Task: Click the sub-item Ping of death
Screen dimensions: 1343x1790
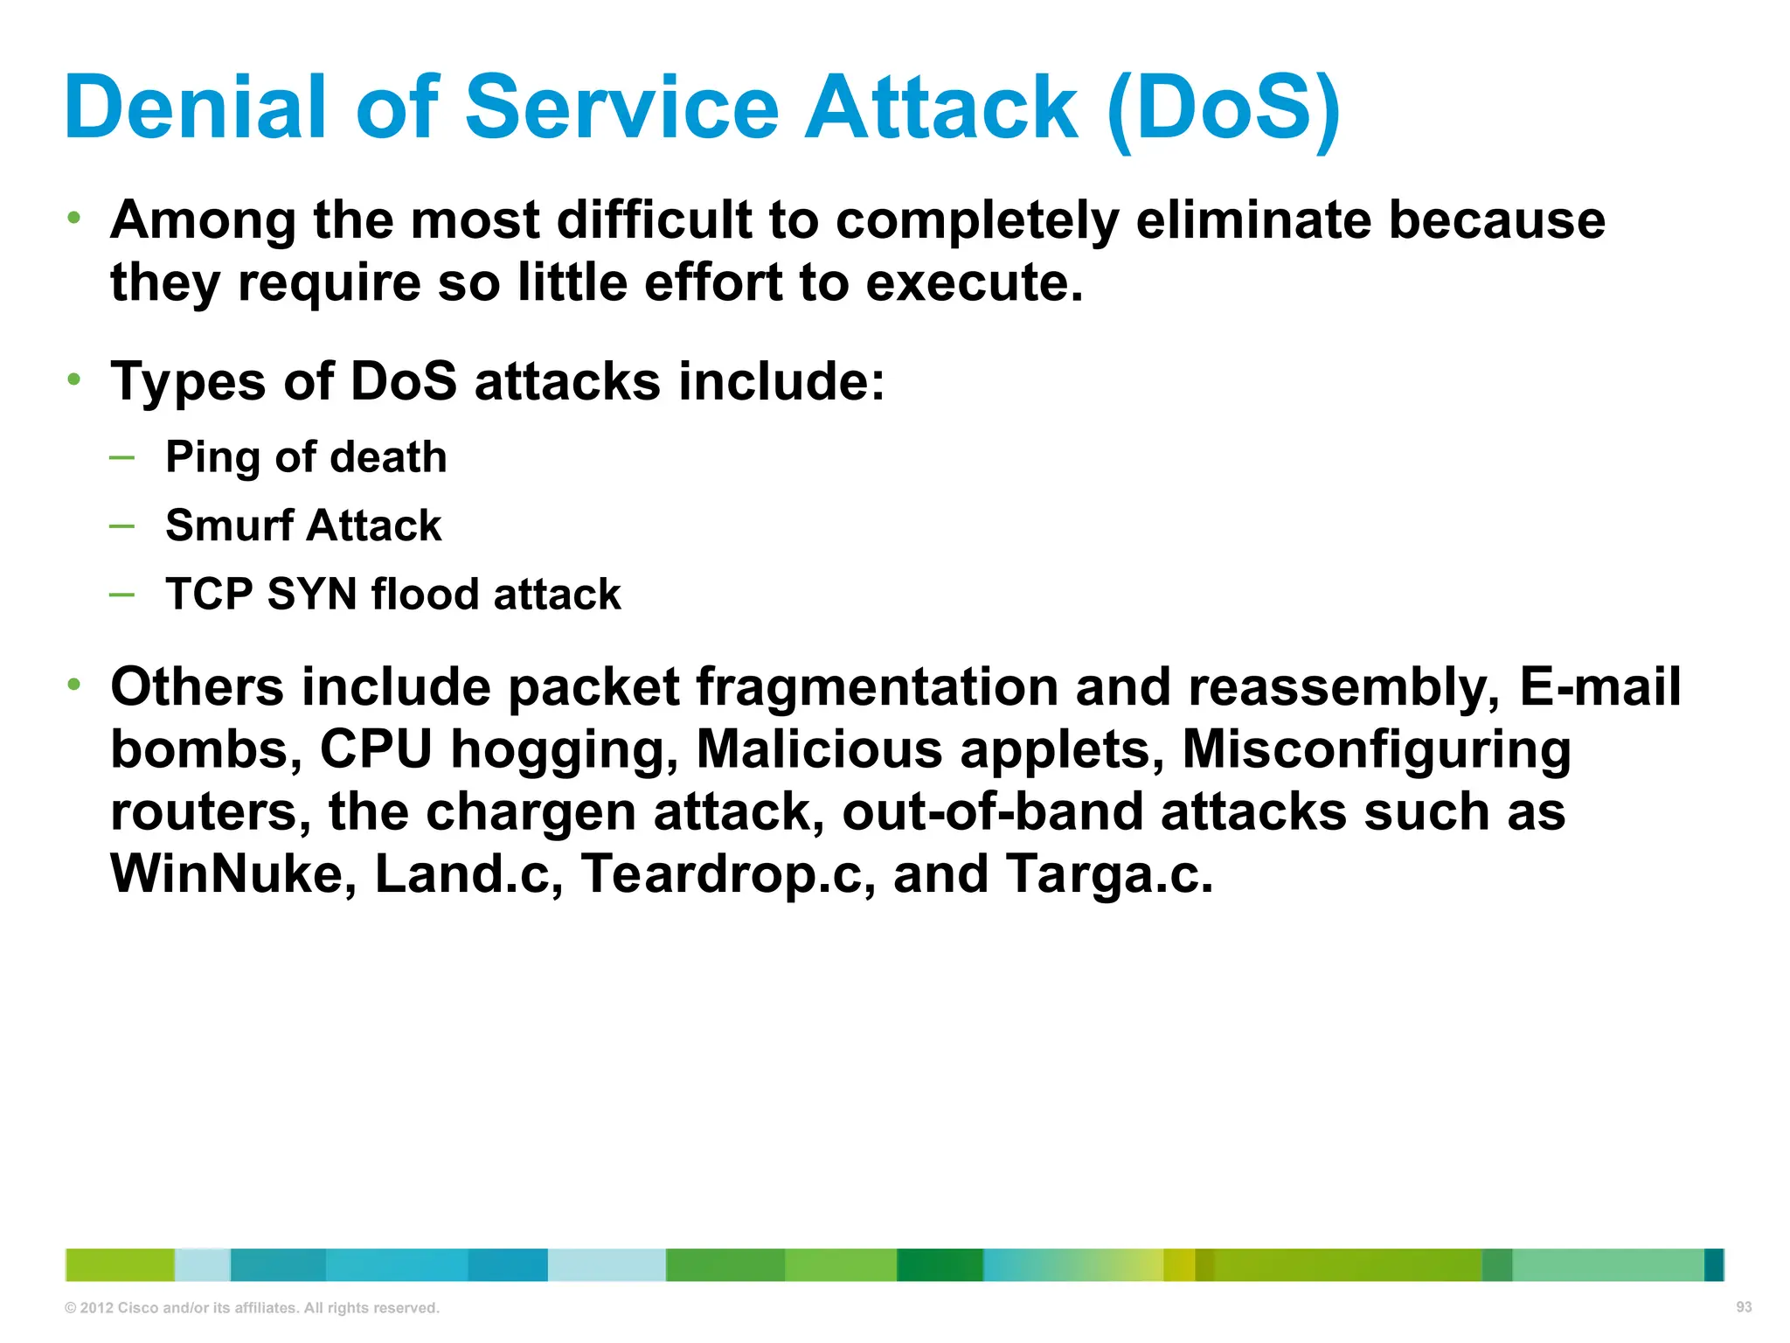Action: tap(306, 457)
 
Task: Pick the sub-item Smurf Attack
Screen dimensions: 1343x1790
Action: tap(303, 525)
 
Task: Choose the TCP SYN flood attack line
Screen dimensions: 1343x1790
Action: tap(393, 595)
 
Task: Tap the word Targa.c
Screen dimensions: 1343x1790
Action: tap(1108, 873)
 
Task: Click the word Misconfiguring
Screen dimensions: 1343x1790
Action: tap(1377, 750)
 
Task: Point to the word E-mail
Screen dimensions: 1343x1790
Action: tap(1599, 687)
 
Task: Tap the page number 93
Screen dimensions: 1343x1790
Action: tap(1744, 1307)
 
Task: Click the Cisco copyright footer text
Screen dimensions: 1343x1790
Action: tap(252, 1308)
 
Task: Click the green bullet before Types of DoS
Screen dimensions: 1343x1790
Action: tap(74, 379)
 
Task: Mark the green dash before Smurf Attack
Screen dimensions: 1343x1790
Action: tap(122, 525)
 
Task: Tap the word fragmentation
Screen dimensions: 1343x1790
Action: tap(877, 687)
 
